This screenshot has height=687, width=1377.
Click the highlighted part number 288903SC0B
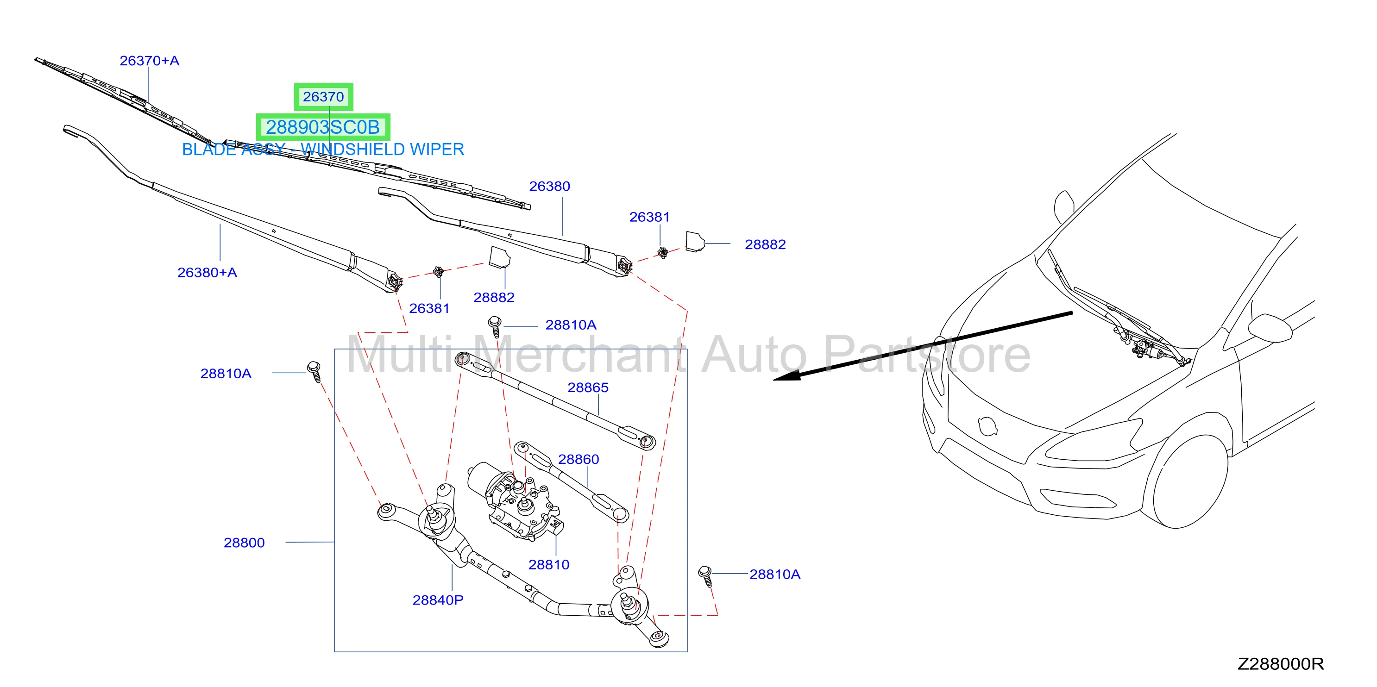click(x=323, y=127)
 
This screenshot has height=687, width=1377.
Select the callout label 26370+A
click(x=149, y=61)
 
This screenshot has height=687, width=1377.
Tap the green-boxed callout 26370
click(x=323, y=97)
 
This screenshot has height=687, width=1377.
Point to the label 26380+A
click(x=207, y=273)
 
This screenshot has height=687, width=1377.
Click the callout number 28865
click(x=588, y=387)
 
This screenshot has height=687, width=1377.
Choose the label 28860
click(x=578, y=459)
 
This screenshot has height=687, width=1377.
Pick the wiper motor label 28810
click(x=549, y=564)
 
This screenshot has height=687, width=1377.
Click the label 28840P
click(x=438, y=600)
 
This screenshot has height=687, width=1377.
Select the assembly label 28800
click(x=244, y=543)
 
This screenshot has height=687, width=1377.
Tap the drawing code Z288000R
click(x=1281, y=664)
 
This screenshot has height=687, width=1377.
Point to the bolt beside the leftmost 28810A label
click(x=314, y=371)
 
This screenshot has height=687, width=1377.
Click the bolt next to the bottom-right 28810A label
click(x=705, y=576)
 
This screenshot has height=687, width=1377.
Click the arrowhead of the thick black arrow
click(x=787, y=375)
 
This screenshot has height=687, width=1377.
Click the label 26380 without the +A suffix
click(x=549, y=186)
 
